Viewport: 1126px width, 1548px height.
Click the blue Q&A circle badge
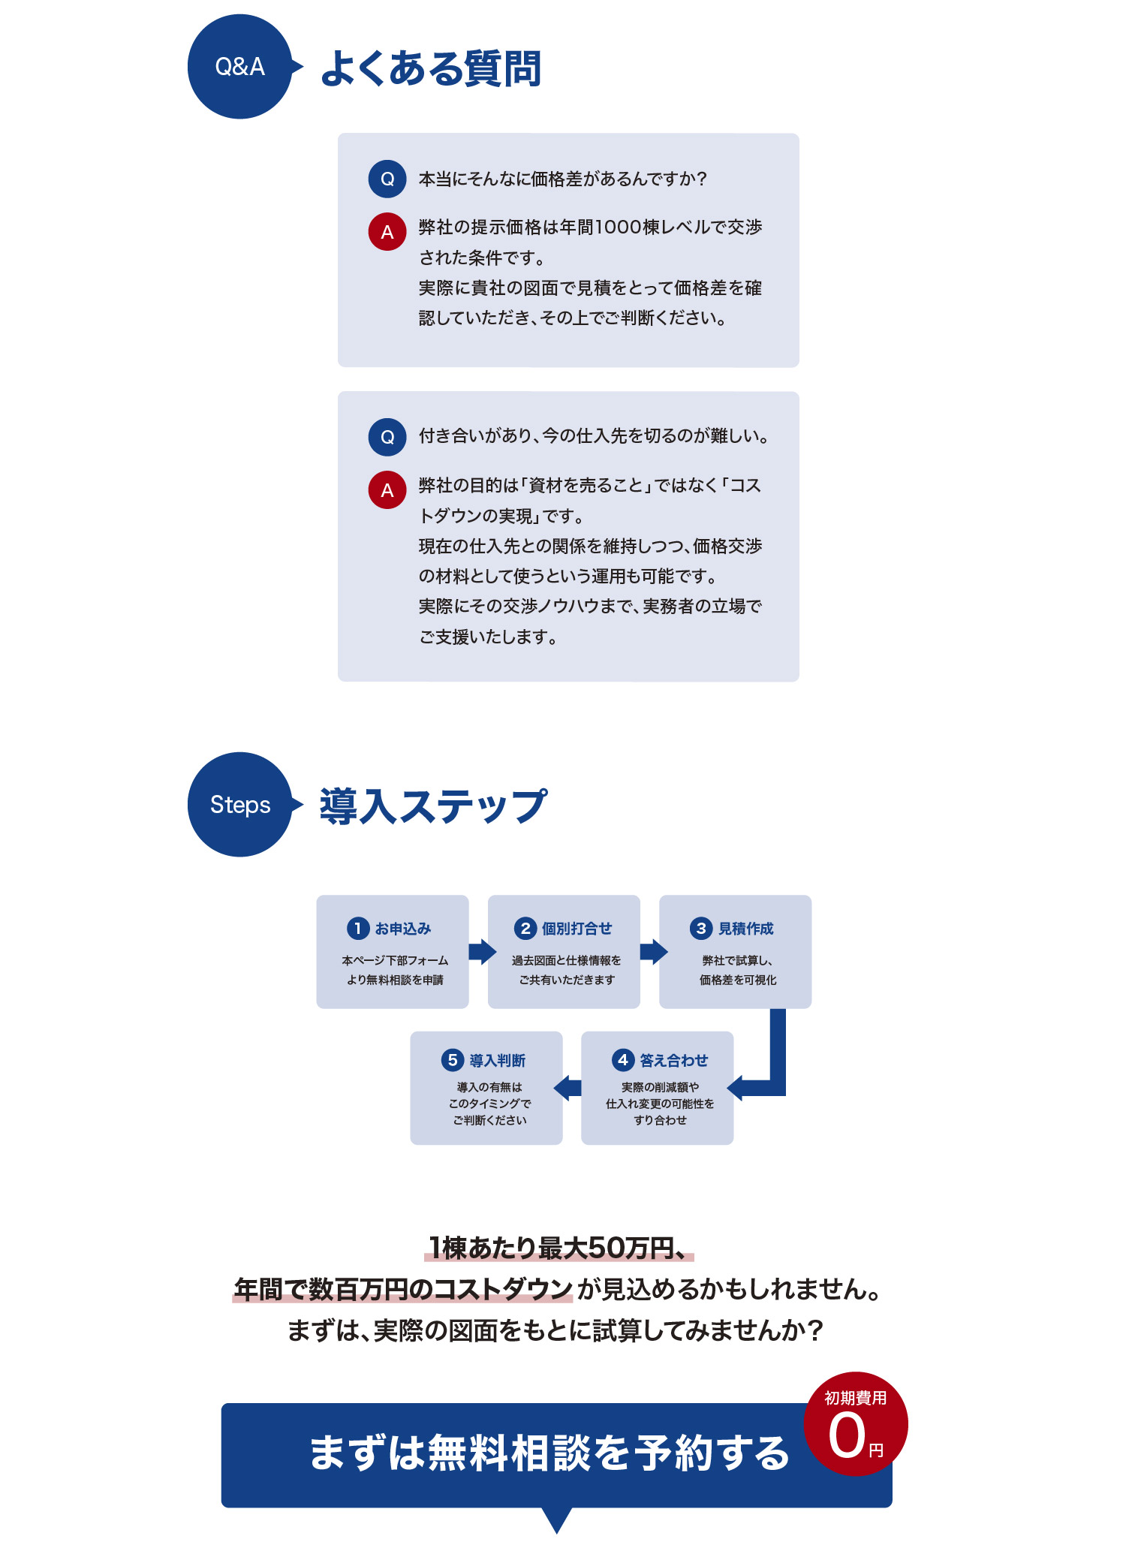coord(239,67)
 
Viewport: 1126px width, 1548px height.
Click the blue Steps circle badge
coord(239,805)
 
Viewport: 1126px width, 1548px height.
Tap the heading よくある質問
coord(431,68)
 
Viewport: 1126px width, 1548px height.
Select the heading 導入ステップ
coord(433,806)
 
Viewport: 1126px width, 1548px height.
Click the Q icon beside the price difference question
coord(387,179)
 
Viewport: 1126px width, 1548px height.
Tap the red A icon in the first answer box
coord(387,231)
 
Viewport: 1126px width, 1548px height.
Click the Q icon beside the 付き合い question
coord(387,437)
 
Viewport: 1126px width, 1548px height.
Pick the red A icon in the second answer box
coord(387,489)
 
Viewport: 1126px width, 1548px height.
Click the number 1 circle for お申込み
coord(358,928)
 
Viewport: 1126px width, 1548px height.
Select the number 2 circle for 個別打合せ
coord(525,928)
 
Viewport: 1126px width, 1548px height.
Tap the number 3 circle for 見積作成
coord(701,928)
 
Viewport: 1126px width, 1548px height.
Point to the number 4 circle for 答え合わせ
coord(623,1059)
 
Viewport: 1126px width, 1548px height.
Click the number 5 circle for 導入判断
coord(453,1059)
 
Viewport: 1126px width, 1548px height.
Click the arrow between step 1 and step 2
coord(482,951)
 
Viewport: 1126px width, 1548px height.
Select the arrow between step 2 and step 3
coord(654,951)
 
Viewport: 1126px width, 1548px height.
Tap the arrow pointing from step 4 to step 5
coord(568,1087)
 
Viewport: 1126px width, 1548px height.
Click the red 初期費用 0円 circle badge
coord(856,1424)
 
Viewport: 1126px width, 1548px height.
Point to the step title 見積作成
coord(745,929)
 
